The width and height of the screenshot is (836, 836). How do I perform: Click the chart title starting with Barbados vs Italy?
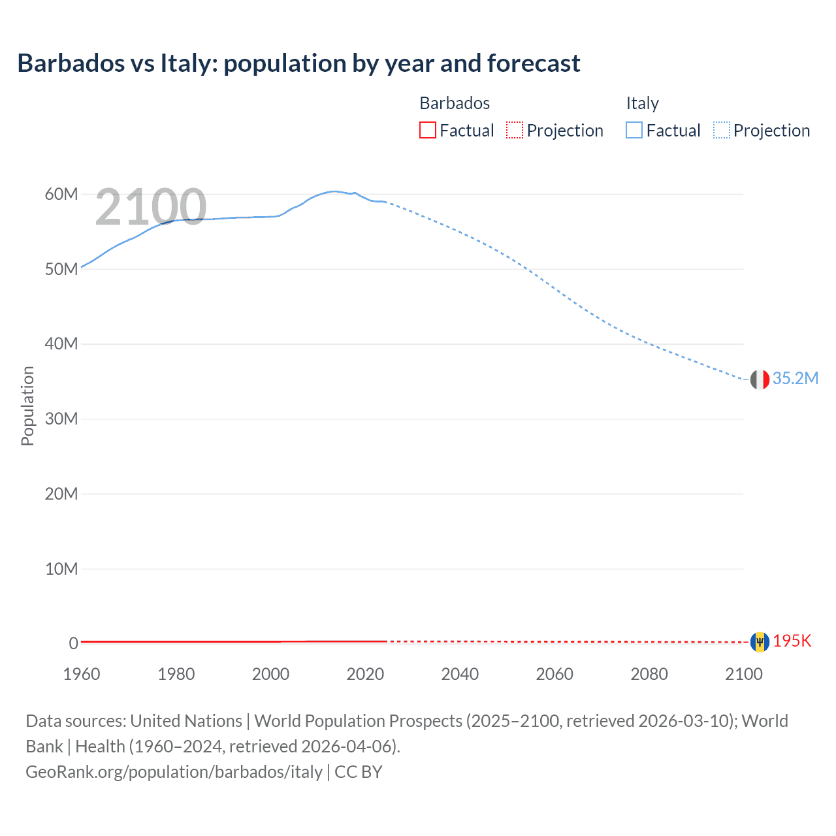(298, 63)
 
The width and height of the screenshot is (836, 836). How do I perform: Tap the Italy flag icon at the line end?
(760, 379)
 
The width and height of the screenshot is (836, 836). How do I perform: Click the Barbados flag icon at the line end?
(760, 642)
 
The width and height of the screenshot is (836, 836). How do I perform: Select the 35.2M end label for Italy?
(795, 379)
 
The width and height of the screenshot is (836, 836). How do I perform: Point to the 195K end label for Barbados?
(792, 641)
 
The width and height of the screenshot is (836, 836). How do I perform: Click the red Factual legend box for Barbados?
(427, 131)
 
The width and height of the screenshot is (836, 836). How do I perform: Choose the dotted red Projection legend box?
(515, 131)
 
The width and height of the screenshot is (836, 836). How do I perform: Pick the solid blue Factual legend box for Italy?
(634, 131)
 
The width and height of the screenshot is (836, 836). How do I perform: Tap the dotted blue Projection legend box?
(721, 131)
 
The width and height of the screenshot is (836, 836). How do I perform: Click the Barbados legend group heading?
(455, 103)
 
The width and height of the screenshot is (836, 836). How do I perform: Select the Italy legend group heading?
(642, 103)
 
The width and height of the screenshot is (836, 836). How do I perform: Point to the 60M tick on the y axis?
(61, 194)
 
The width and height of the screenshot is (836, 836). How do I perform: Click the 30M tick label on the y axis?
(61, 419)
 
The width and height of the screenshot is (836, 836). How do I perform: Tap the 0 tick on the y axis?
(74, 643)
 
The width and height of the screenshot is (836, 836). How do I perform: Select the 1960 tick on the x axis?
(82, 674)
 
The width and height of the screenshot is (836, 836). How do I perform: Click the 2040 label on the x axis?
(460, 674)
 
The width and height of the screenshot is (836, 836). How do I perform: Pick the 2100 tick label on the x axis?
(743, 674)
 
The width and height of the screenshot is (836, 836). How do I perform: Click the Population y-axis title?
(27, 406)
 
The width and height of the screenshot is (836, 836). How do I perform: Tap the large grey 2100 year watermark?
(151, 207)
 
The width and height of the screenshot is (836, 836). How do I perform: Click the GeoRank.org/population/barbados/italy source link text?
(174, 772)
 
